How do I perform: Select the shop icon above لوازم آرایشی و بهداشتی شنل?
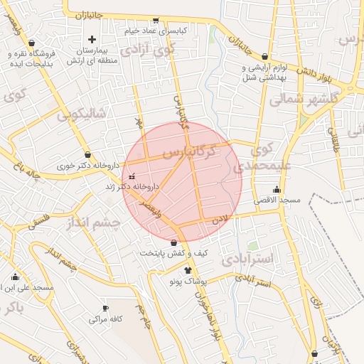click(x=265, y=57)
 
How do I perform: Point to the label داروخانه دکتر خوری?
click(x=87, y=165)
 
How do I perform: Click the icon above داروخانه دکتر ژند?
click(x=130, y=176)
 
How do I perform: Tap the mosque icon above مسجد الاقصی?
click(x=277, y=190)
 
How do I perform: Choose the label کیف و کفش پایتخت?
click(x=173, y=252)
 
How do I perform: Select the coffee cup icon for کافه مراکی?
click(x=106, y=309)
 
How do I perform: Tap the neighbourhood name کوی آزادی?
click(x=147, y=50)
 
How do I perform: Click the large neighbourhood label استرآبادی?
click(x=247, y=258)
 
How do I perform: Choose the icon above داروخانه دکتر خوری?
click(x=87, y=154)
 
